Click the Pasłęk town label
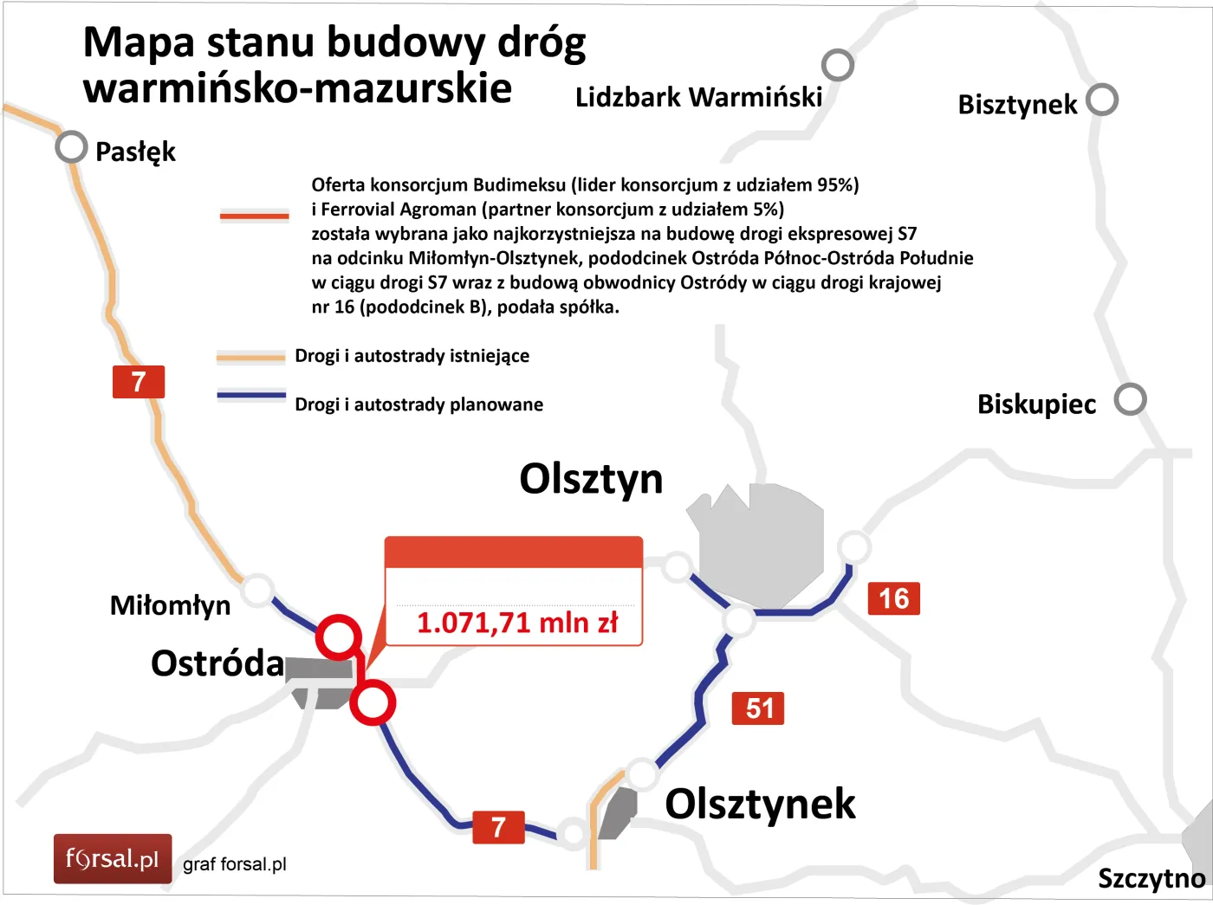coord(135,152)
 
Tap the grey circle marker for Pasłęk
coord(71,147)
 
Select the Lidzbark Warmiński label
coord(698,97)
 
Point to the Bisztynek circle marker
coord(1102,100)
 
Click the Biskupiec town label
coord(1036,404)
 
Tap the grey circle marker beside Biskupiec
coord(1130,399)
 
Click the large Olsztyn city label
coord(591,479)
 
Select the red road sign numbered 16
coord(893,598)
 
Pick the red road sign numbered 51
coord(758,708)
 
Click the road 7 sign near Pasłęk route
coord(139,382)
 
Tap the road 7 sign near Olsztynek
coord(498,827)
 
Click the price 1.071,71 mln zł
coord(517,623)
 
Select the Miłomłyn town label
coord(170,605)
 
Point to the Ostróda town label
coord(217,663)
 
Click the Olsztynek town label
coord(760,804)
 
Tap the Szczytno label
coord(1151,878)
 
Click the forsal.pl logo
coord(113,859)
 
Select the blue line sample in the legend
coord(251,396)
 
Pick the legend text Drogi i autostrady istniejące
coord(412,356)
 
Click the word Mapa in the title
coord(139,43)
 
